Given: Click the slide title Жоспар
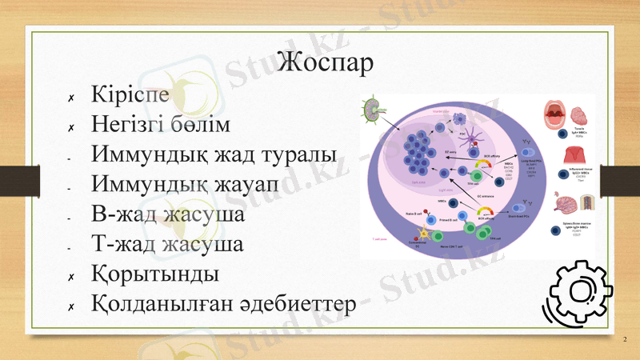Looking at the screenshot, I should [326, 62].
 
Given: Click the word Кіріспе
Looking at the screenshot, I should [130, 94].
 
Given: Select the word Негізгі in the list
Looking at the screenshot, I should [131, 124].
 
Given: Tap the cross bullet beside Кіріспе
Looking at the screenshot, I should [71, 98].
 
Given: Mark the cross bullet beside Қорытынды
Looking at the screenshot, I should [71, 277].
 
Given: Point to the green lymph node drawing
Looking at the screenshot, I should [373, 110].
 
